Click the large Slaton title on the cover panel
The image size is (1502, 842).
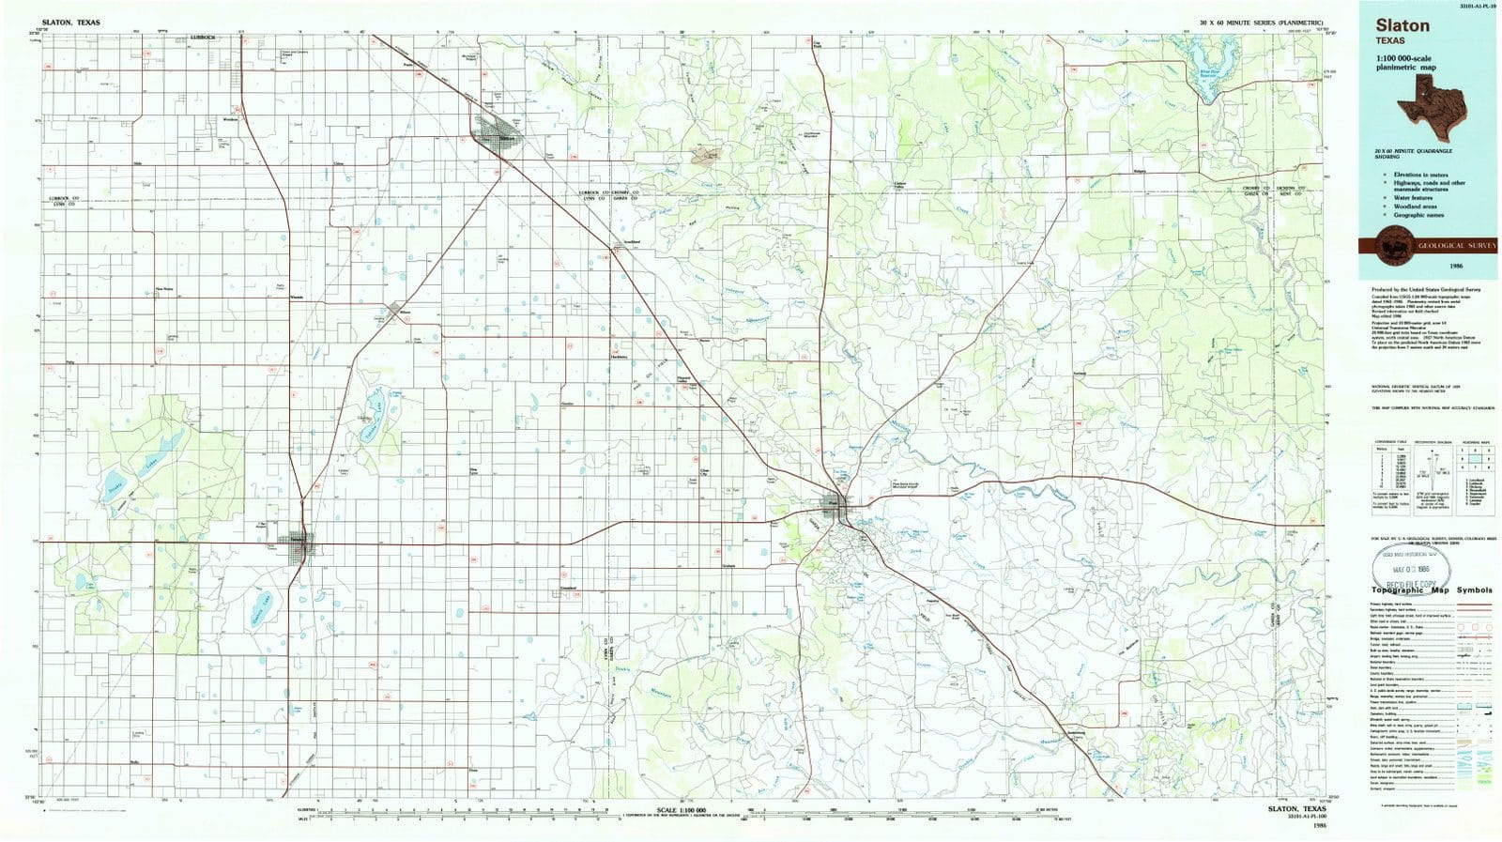(x=1402, y=26)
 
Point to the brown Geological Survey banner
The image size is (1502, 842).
(x=1427, y=245)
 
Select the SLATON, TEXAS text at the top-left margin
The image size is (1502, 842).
(x=70, y=22)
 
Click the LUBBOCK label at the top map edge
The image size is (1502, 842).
(x=201, y=37)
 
